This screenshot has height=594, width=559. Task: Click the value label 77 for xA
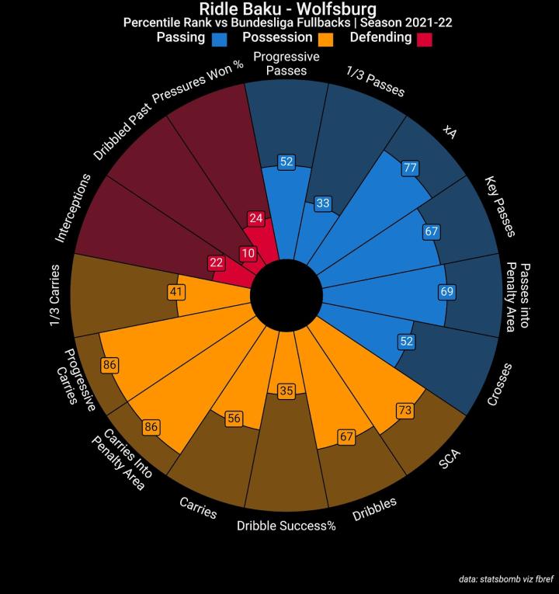(411, 168)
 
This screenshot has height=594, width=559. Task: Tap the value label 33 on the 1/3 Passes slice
(323, 204)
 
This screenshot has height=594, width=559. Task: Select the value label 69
(446, 293)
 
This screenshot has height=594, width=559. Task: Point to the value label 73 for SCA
(404, 409)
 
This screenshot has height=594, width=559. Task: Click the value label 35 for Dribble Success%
(286, 391)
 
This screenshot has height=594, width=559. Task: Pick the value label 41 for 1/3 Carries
(176, 292)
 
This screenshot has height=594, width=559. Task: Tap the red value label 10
(248, 253)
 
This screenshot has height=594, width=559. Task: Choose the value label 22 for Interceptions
(217, 263)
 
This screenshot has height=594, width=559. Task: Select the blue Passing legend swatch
(220, 38)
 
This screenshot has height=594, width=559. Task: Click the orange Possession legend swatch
(325, 38)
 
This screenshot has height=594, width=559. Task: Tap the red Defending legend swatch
(424, 38)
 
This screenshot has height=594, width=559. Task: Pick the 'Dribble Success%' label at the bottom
(286, 526)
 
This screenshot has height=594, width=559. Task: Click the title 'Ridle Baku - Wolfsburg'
(287, 9)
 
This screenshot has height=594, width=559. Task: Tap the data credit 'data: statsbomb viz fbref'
(505, 578)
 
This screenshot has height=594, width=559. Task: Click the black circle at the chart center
(287, 297)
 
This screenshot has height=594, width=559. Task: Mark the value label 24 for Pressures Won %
(257, 218)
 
